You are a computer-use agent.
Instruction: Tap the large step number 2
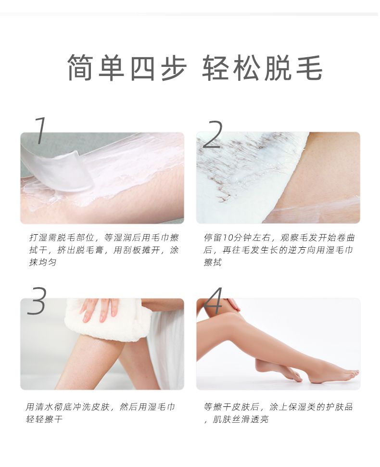coord(213,134)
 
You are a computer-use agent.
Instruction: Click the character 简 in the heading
coord(80,68)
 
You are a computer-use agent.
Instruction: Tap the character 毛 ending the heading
coord(309,68)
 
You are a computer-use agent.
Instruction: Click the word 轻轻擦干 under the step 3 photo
coord(44,419)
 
